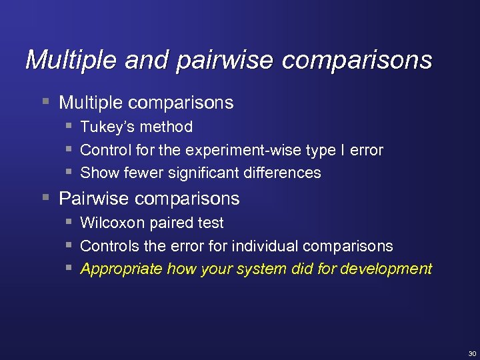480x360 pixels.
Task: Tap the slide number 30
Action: pos(472,353)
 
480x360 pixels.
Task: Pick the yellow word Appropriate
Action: pos(121,269)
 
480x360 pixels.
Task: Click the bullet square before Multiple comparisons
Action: pos(45,102)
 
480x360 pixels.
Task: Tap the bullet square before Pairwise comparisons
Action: pos(45,198)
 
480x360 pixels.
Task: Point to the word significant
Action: pos(204,173)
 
